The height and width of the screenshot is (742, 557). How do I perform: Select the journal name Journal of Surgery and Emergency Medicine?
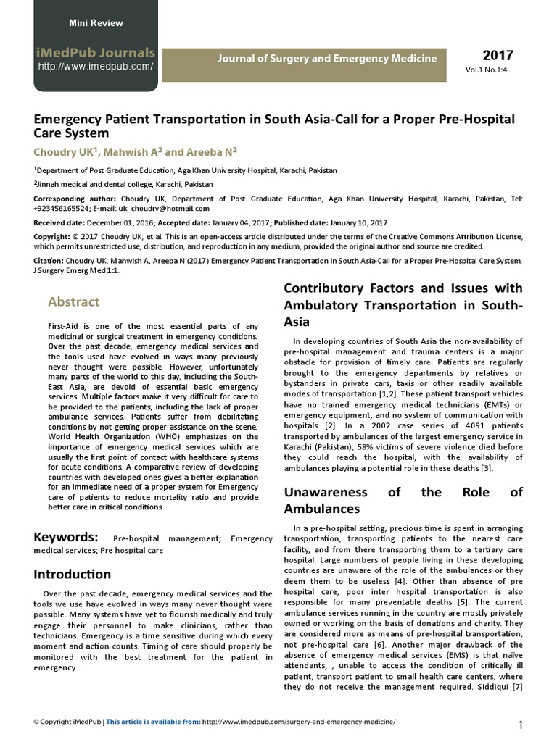(x=328, y=58)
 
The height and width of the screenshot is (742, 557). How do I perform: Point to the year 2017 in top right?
(x=498, y=56)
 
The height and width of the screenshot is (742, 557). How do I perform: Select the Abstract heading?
(x=74, y=302)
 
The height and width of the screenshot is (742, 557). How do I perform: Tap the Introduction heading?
(x=73, y=575)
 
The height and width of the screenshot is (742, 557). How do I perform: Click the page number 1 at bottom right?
(x=521, y=725)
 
